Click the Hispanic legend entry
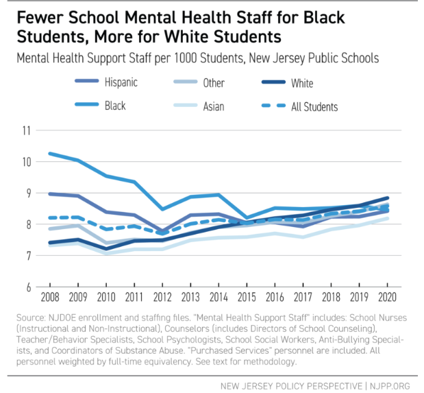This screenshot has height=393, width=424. [121, 83]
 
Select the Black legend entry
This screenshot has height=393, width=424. [114, 106]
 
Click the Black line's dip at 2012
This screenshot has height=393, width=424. [163, 209]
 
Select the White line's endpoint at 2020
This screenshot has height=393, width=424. [388, 198]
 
